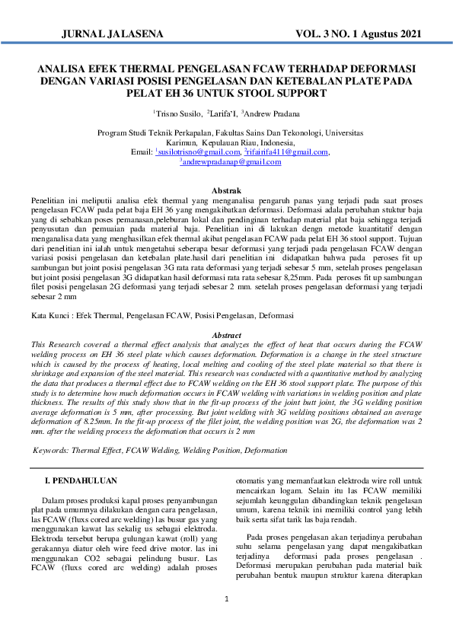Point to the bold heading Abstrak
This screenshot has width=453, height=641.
[x=226, y=190]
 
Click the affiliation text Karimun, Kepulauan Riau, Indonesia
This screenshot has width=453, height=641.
[x=226, y=142]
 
